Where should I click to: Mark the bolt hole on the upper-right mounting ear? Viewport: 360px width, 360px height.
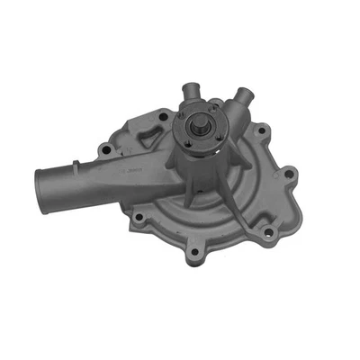click(x=261, y=132)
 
